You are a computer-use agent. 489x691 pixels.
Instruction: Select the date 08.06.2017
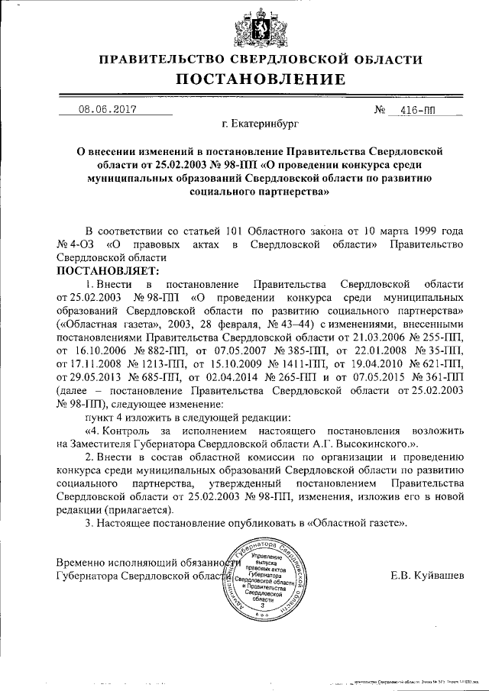point(106,109)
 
